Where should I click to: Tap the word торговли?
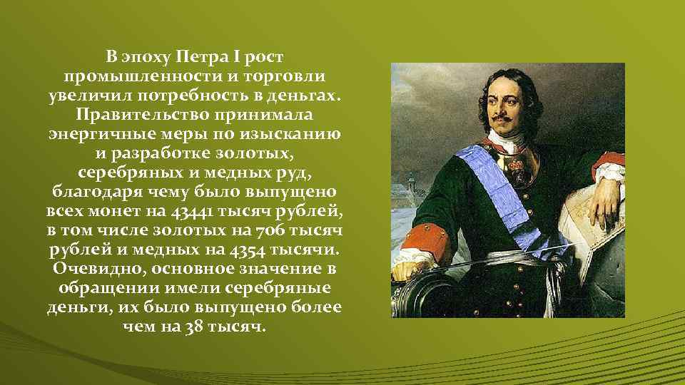289,76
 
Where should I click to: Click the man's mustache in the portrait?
509,117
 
